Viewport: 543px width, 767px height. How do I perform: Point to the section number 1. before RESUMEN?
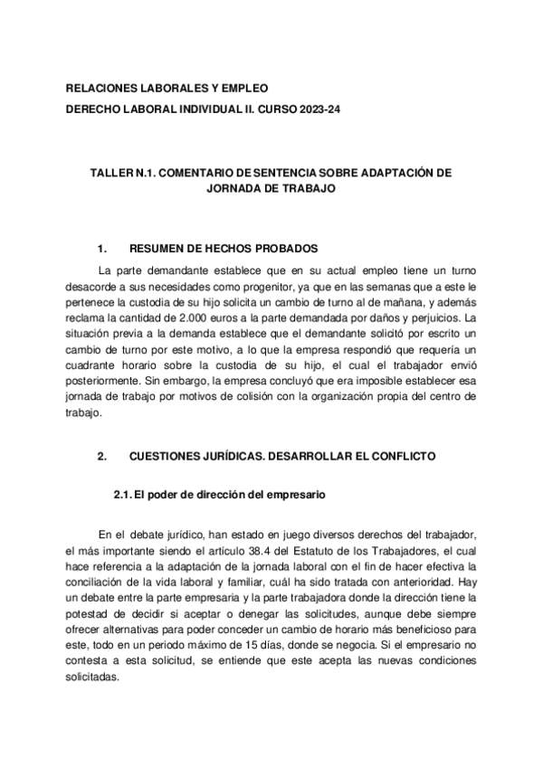102,248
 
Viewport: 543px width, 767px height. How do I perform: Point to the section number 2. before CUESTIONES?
102,457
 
